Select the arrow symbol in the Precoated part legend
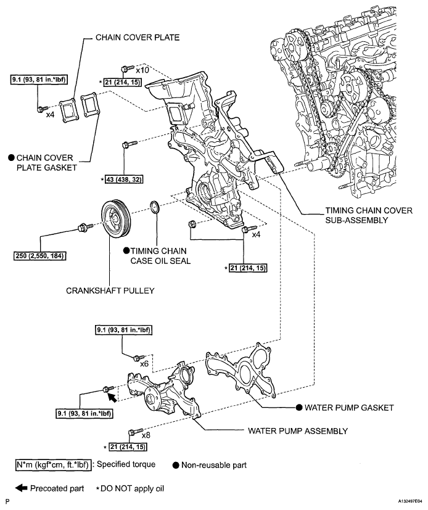tap(23, 487)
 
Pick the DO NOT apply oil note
tap(135, 487)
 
